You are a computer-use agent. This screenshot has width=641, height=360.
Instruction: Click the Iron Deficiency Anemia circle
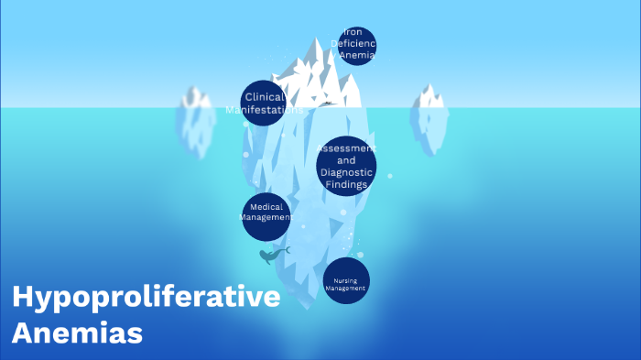[x=355, y=45]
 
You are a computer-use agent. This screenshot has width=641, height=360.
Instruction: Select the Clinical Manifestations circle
[x=264, y=103]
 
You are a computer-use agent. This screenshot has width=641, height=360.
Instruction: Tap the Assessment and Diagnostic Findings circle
[x=347, y=166]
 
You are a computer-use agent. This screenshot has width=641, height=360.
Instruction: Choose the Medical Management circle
[x=266, y=216]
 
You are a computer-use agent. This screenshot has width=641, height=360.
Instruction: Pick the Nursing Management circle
[x=346, y=280]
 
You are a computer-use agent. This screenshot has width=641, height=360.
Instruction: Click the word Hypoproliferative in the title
[x=146, y=298]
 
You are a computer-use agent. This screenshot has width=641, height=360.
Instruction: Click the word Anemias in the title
[x=78, y=331]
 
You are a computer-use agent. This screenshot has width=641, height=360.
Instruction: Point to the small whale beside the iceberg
[x=271, y=256]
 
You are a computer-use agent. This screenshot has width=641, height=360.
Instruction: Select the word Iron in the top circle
[x=353, y=32]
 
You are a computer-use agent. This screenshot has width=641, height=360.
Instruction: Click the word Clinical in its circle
[x=265, y=96]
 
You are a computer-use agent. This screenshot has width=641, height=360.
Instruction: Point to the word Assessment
[x=346, y=147]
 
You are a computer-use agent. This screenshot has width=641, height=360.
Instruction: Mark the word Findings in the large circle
[x=346, y=184]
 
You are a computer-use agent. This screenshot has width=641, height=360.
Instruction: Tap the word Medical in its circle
[x=266, y=207]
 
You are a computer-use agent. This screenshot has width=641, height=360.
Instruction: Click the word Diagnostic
[x=346, y=172]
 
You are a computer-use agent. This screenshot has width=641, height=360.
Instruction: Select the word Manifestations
[x=264, y=110]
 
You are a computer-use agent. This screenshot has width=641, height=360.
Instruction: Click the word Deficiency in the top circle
[x=356, y=43]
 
